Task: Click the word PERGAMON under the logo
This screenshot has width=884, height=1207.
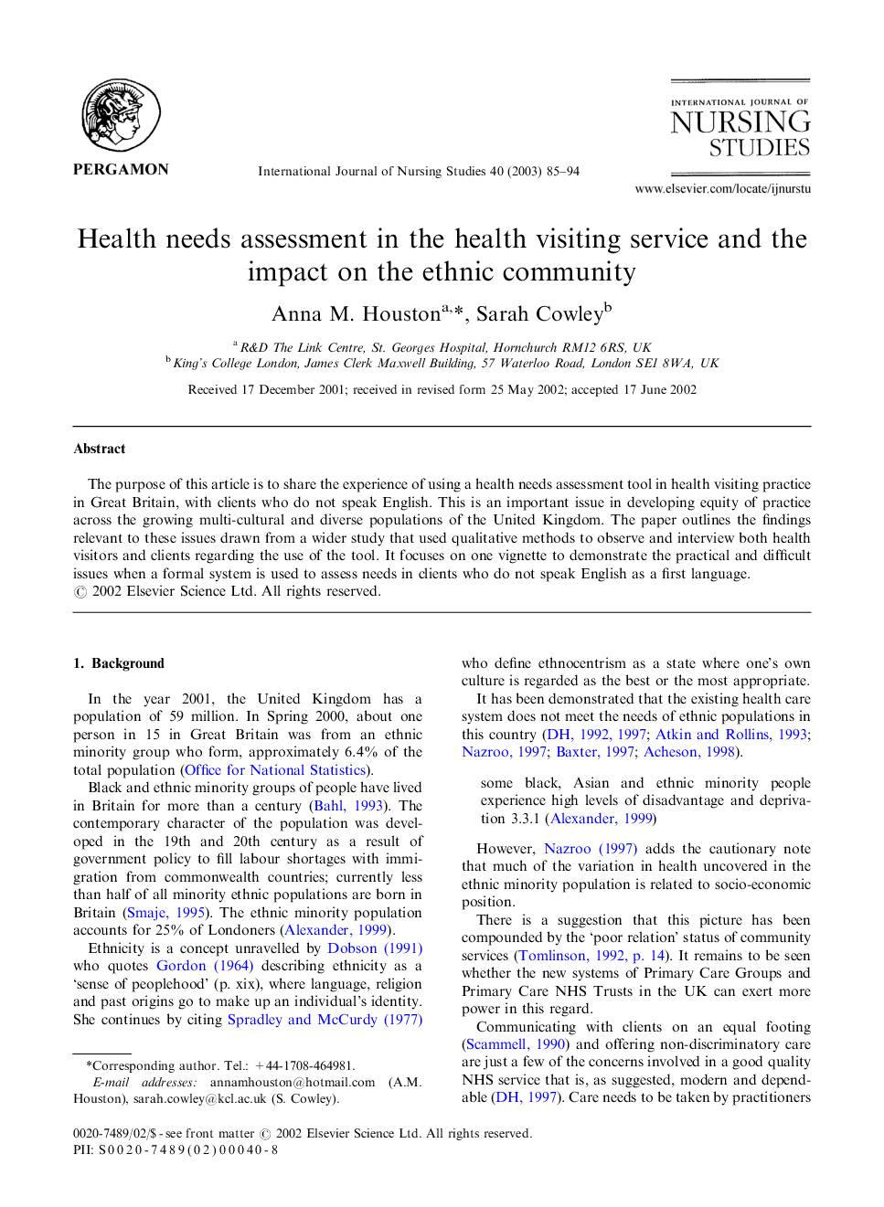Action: [121, 169]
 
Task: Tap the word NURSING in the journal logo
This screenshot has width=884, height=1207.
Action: [740, 122]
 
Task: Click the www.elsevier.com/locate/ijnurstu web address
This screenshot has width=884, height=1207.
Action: [722, 189]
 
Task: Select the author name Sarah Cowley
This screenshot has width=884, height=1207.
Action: [538, 314]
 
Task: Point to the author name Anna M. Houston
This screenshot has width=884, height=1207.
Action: [356, 314]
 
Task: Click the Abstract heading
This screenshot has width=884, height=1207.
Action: [100, 449]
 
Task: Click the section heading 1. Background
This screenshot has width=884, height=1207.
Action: [119, 663]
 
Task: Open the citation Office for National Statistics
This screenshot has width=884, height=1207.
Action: [275, 770]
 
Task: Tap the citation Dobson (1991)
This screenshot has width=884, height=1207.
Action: [375, 948]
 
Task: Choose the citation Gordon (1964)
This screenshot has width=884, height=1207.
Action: [205, 966]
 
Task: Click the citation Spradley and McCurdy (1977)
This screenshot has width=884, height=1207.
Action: [325, 1020]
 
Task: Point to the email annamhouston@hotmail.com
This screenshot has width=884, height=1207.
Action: [293, 1082]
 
